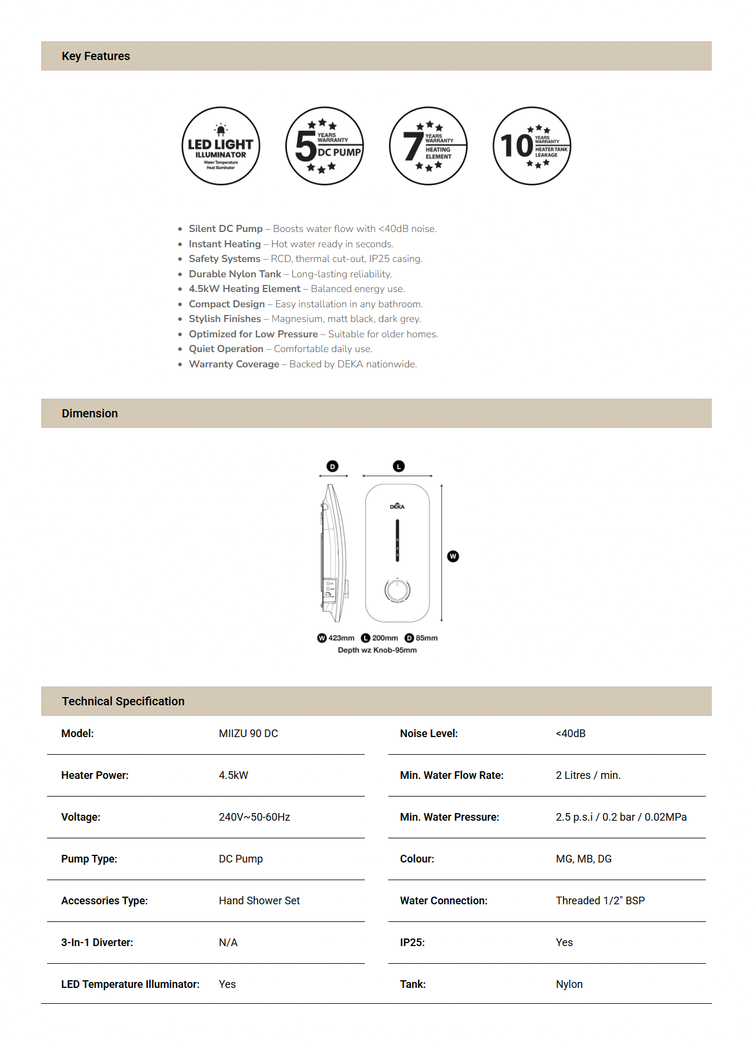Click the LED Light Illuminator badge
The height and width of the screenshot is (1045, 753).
pos(221,146)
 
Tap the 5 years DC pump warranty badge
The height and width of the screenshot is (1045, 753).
pos(325,146)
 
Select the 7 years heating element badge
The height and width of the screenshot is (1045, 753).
pos(428,146)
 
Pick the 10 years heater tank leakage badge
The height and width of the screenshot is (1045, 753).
pos(532,146)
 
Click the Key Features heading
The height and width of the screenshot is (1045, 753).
pos(96,57)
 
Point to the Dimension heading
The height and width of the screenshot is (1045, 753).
pos(90,413)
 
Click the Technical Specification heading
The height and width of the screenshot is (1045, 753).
pos(124,701)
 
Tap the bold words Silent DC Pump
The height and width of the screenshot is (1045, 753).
pos(226,228)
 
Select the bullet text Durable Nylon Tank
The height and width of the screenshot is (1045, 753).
pos(235,274)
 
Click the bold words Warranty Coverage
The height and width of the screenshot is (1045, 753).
pos(234,364)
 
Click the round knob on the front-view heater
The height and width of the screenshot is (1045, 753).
pos(398,590)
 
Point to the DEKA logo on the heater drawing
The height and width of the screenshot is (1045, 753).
pos(397,506)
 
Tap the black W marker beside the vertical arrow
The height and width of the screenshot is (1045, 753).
pos(453,556)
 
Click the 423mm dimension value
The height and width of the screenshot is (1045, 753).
pos(341,638)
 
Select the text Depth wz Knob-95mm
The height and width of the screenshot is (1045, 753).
pos(377,650)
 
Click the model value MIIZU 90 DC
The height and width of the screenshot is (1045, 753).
pos(248,734)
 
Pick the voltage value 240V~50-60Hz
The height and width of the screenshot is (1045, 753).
pos(254,817)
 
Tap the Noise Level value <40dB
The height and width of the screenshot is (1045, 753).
pos(571,734)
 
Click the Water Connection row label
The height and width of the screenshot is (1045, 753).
pos(444,901)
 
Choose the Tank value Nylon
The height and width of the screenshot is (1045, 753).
pos(569,984)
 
